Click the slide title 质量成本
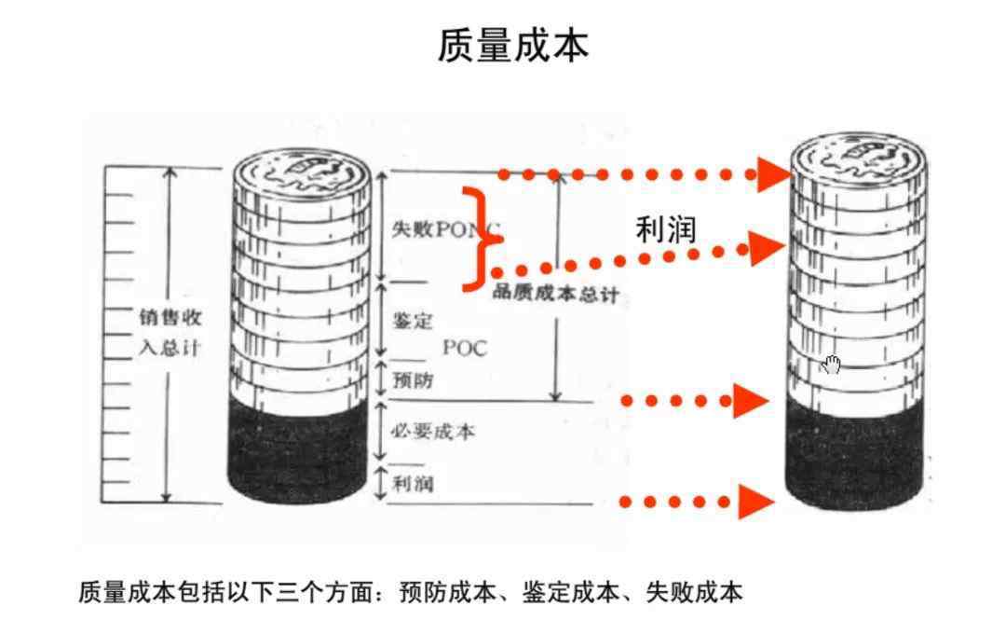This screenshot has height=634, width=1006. [512, 45]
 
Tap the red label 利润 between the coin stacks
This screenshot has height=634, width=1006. [665, 229]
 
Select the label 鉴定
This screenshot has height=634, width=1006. [413, 321]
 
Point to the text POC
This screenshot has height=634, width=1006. [465, 348]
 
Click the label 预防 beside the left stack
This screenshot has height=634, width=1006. [413, 379]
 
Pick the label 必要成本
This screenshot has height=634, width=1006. [434, 431]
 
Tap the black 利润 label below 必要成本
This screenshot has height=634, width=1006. [414, 483]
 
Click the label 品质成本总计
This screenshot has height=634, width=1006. [555, 294]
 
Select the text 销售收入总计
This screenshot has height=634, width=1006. [170, 333]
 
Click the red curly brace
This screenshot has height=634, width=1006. [483, 239]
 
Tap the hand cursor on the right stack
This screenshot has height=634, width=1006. [831, 365]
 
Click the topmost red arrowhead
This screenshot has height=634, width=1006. [775, 174]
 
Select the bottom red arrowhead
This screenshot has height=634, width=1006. [755, 502]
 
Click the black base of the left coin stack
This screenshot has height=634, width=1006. [298, 449]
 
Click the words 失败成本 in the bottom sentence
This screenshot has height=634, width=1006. [694, 592]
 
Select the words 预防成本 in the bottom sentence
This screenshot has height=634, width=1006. [447, 592]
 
